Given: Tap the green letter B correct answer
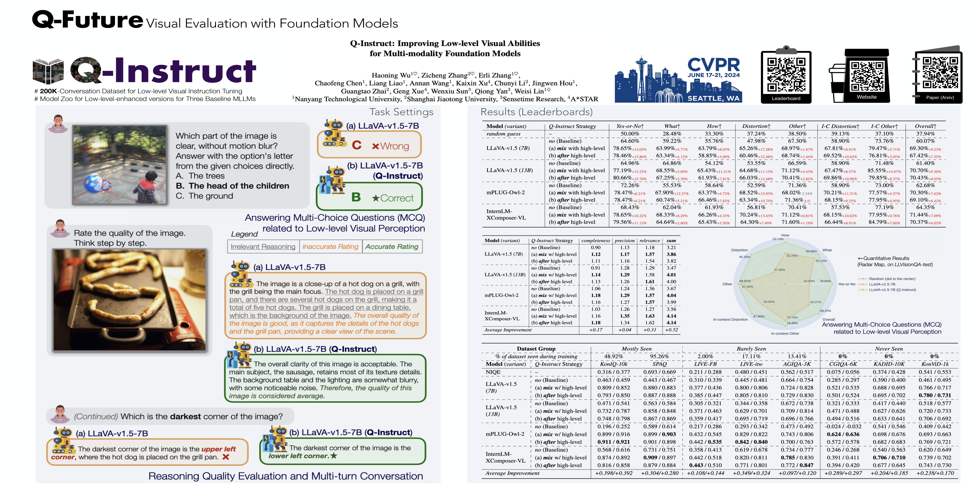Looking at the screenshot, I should [x=356, y=197].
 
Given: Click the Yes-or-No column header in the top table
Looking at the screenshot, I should [x=630, y=126].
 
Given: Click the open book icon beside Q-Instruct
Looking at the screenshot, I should [x=48, y=71].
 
